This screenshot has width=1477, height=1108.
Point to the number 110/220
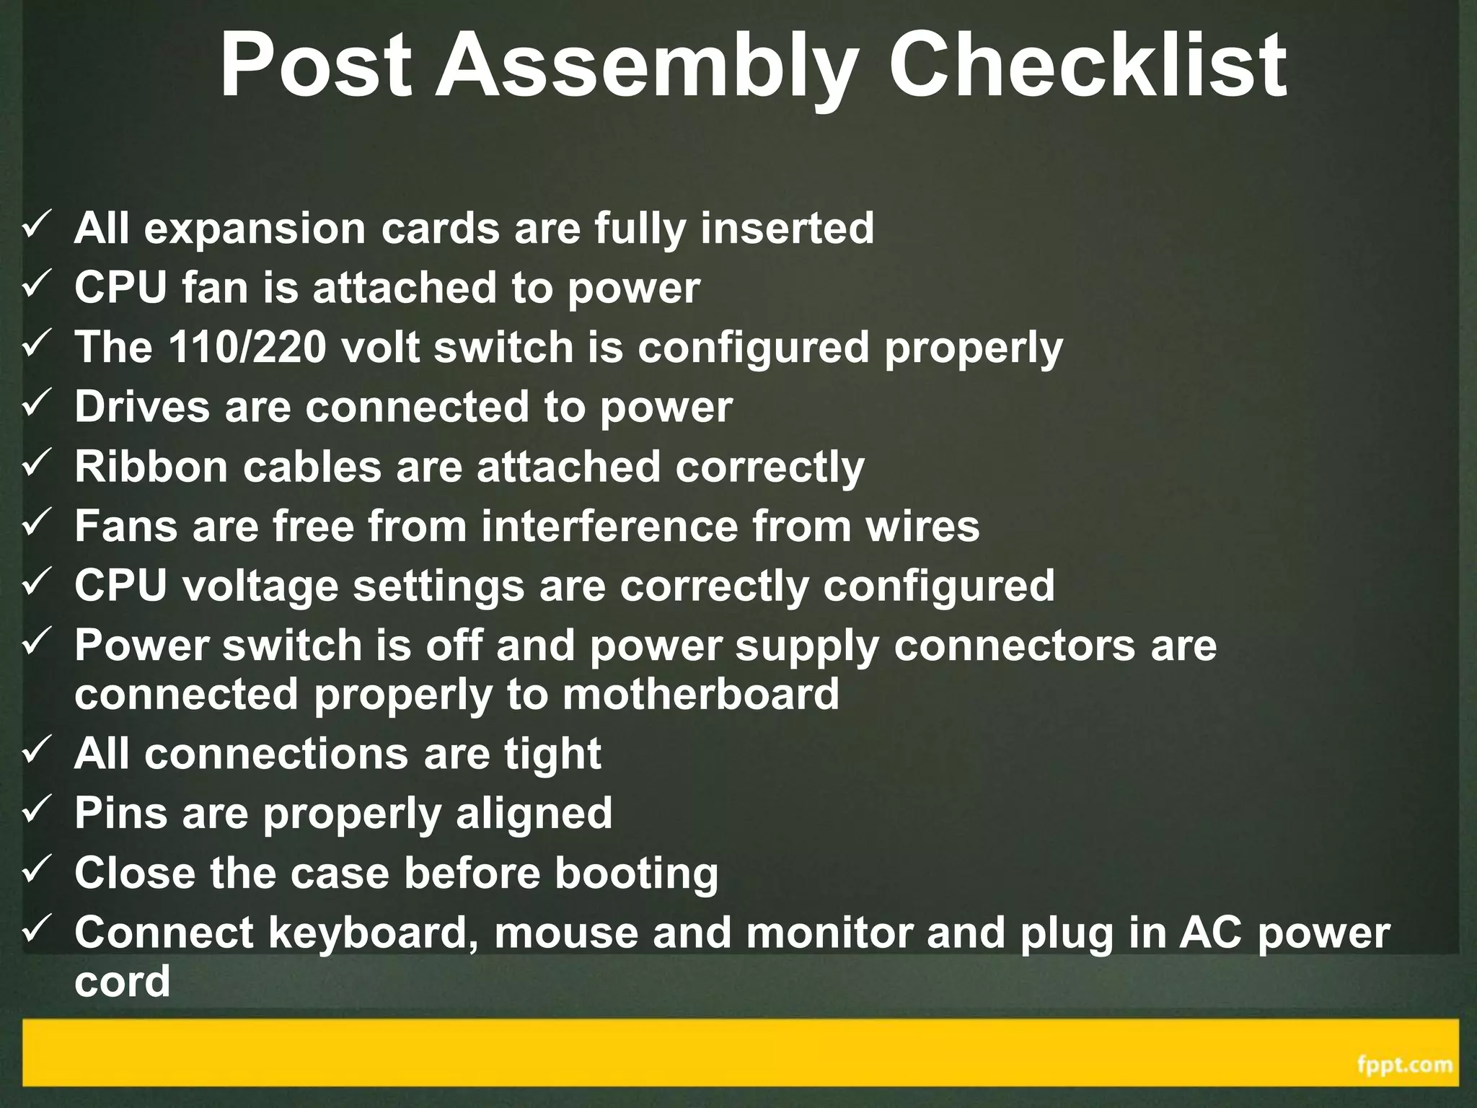pyautogui.click(x=247, y=347)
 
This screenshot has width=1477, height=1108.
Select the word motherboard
pyautogui.click(x=700, y=694)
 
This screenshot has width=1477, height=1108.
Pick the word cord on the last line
pyautogui.click(x=122, y=981)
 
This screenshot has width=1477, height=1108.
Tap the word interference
pyautogui.click(x=609, y=526)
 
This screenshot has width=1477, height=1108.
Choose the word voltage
pyautogui.click(x=260, y=586)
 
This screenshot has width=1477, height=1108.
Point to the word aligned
pyautogui.click(x=534, y=814)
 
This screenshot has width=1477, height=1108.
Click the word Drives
pyautogui.click(x=141, y=407)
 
